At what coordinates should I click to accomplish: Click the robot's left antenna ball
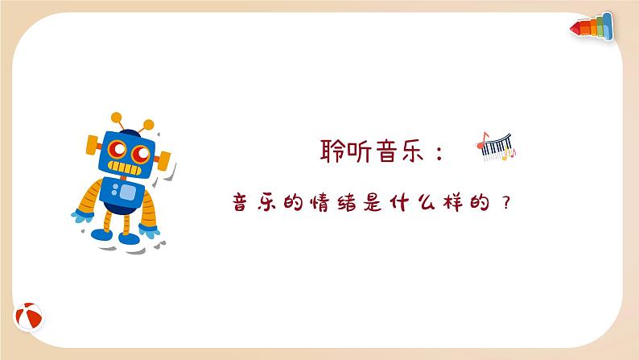point(116,117)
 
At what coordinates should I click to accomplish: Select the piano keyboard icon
point(496,147)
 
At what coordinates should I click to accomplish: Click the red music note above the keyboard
point(484,138)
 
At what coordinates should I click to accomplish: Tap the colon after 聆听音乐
point(439,153)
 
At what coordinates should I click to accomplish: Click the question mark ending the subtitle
point(505,203)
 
